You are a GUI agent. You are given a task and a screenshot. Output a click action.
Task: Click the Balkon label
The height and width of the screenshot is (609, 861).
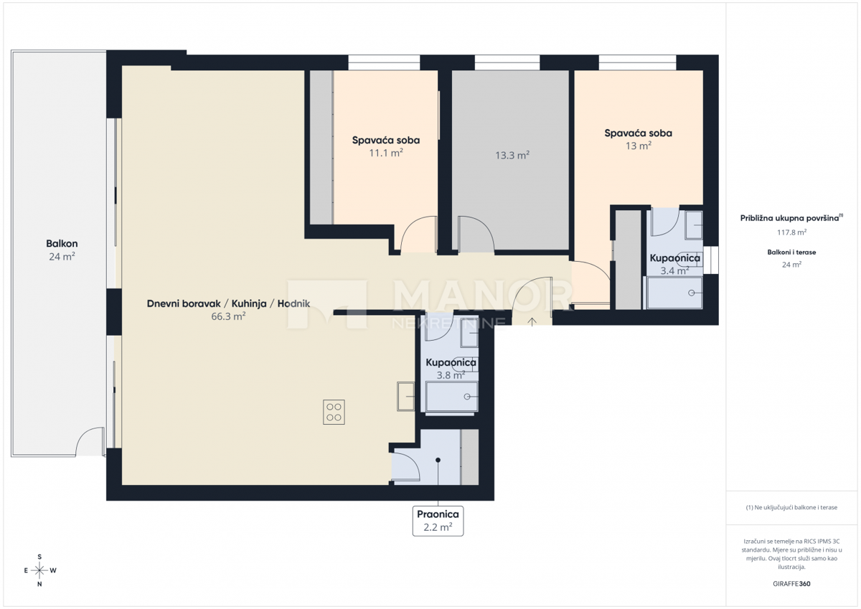point(62,244)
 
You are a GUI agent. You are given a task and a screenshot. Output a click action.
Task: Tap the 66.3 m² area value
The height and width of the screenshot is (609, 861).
point(228,316)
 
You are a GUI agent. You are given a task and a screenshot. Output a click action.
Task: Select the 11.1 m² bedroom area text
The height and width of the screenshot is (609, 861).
point(386,153)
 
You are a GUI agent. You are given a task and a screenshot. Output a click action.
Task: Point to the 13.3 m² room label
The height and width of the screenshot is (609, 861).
point(512,155)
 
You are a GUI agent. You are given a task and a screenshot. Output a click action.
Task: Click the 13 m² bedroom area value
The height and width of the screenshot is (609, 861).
point(638,146)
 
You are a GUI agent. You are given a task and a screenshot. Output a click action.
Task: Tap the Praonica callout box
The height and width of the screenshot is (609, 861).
point(438,521)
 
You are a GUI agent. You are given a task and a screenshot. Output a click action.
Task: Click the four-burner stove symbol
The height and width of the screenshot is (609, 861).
point(334,412)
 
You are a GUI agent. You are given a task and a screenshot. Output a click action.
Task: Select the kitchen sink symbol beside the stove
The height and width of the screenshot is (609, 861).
point(405,397)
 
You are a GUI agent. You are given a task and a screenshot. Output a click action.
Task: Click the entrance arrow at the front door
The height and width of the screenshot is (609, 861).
point(532,322)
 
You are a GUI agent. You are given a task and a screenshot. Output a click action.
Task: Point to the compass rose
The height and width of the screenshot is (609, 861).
point(39,570)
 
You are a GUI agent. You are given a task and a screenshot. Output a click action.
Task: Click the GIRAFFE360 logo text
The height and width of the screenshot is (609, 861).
point(791,584)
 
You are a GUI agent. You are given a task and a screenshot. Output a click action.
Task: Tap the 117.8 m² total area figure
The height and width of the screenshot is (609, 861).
point(791,232)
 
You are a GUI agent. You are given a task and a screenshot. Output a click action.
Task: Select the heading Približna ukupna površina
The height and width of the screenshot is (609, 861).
point(789,218)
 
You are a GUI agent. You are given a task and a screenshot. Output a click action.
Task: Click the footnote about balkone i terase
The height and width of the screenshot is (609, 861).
point(791,507)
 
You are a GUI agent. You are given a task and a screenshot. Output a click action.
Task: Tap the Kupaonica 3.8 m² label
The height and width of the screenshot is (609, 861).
point(451,368)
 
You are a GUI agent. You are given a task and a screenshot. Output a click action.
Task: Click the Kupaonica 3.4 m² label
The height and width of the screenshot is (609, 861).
point(675,264)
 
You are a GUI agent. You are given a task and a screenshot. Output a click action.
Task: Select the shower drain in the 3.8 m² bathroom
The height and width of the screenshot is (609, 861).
point(467,397)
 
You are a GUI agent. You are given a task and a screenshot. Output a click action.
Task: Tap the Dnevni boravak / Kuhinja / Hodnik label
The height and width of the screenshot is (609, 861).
point(228,303)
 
